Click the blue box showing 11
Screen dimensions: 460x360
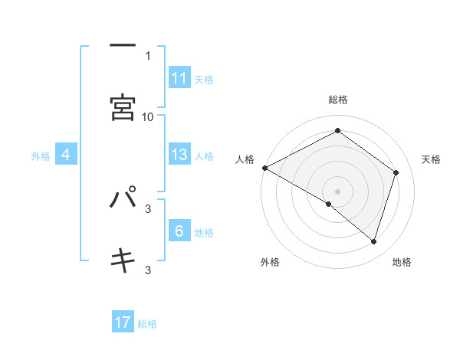pyautogui.click(x=179, y=78)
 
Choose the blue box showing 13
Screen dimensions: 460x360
pyautogui.click(x=179, y=155)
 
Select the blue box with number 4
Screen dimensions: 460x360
pyautogui.click(x=66, y=155)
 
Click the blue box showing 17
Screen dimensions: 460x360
pyautogui.click(x=123, y=323)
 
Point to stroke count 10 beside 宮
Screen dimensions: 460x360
pyautogui.click(x=148, y=116)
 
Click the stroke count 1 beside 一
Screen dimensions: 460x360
pyautogui.click(x=148, y=55)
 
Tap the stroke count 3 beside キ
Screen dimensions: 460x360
pyautogui.click(x=148, y=270)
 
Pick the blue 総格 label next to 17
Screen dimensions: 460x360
pyautogui.click(x=147, y=324)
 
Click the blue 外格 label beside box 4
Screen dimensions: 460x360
pyautogui.click(x=41, y=156)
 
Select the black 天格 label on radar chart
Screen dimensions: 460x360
pyautogui.click(x=432, y=159)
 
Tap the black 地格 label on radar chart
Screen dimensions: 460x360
pyautogui.click(x=402, y=262)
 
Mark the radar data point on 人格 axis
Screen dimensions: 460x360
pyautogui.click(x=264, y=168)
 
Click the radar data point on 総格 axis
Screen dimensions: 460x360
pyautogui.click(x=337, y=130)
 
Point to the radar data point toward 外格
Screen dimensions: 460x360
pyautogui.click(x=329, y=204)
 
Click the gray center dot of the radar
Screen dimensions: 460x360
pyautogui.click(x=337, y=191)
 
